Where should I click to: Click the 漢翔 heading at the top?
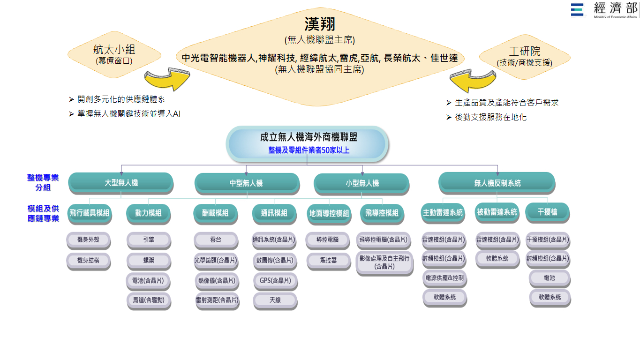point(319,24)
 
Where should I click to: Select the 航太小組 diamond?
point(114,54)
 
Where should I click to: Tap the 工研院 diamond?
point(524,55)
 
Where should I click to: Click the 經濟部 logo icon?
point(577,9)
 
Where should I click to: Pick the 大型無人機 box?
point(121,183)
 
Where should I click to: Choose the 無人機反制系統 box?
point(497,183)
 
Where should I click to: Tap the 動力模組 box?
point(148,213)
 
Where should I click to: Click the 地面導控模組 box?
point(329,213)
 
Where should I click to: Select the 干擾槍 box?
point(547,212)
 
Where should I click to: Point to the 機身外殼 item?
point(88,240)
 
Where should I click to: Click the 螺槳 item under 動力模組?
point(148,260)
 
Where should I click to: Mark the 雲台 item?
point(215,240)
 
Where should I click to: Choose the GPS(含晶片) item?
point(275,280)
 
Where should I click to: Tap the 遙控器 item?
point(328,260)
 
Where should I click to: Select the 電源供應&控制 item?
point(444,277)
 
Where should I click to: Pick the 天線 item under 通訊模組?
point(275,300)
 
